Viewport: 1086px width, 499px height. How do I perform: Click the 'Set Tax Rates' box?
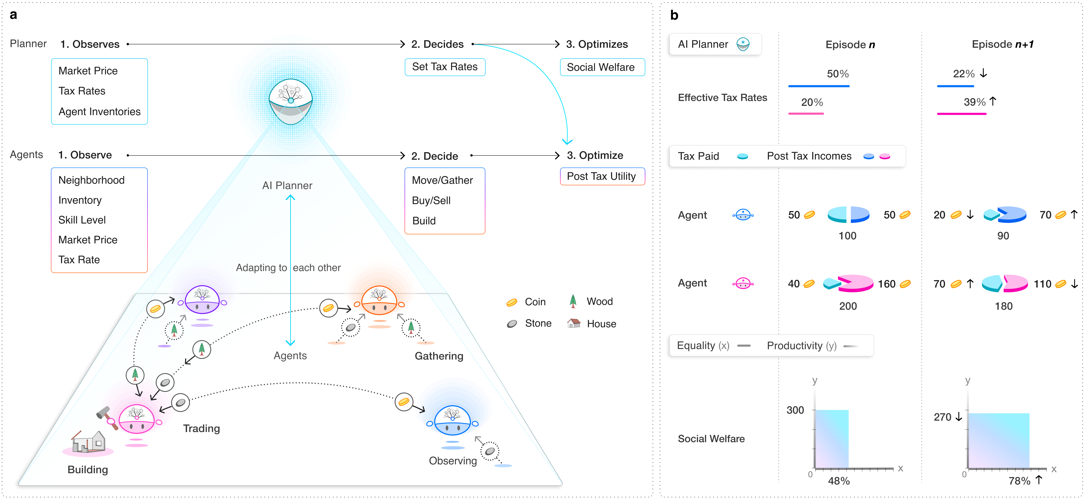tap(445, 67)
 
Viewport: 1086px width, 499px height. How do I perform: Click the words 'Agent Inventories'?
tap(100, 112)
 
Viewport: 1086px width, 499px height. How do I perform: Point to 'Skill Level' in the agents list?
tap(82, 220)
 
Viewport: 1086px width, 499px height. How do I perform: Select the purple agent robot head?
tap(202, 300)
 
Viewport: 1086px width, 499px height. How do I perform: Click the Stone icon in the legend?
tap(512, 324)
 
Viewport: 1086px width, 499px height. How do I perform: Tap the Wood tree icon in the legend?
tap(573, 301)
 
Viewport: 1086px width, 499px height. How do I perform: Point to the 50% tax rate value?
tap(838, 74)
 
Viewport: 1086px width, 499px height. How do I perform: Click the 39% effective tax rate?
tap(974, 102)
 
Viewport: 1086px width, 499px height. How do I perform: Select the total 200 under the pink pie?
tap(848, 306)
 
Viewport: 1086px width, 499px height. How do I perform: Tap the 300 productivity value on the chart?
tap(795, 410)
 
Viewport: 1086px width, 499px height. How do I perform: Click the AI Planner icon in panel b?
tap(743, 44)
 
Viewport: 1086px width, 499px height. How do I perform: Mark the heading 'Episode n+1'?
tap(1003, 44)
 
